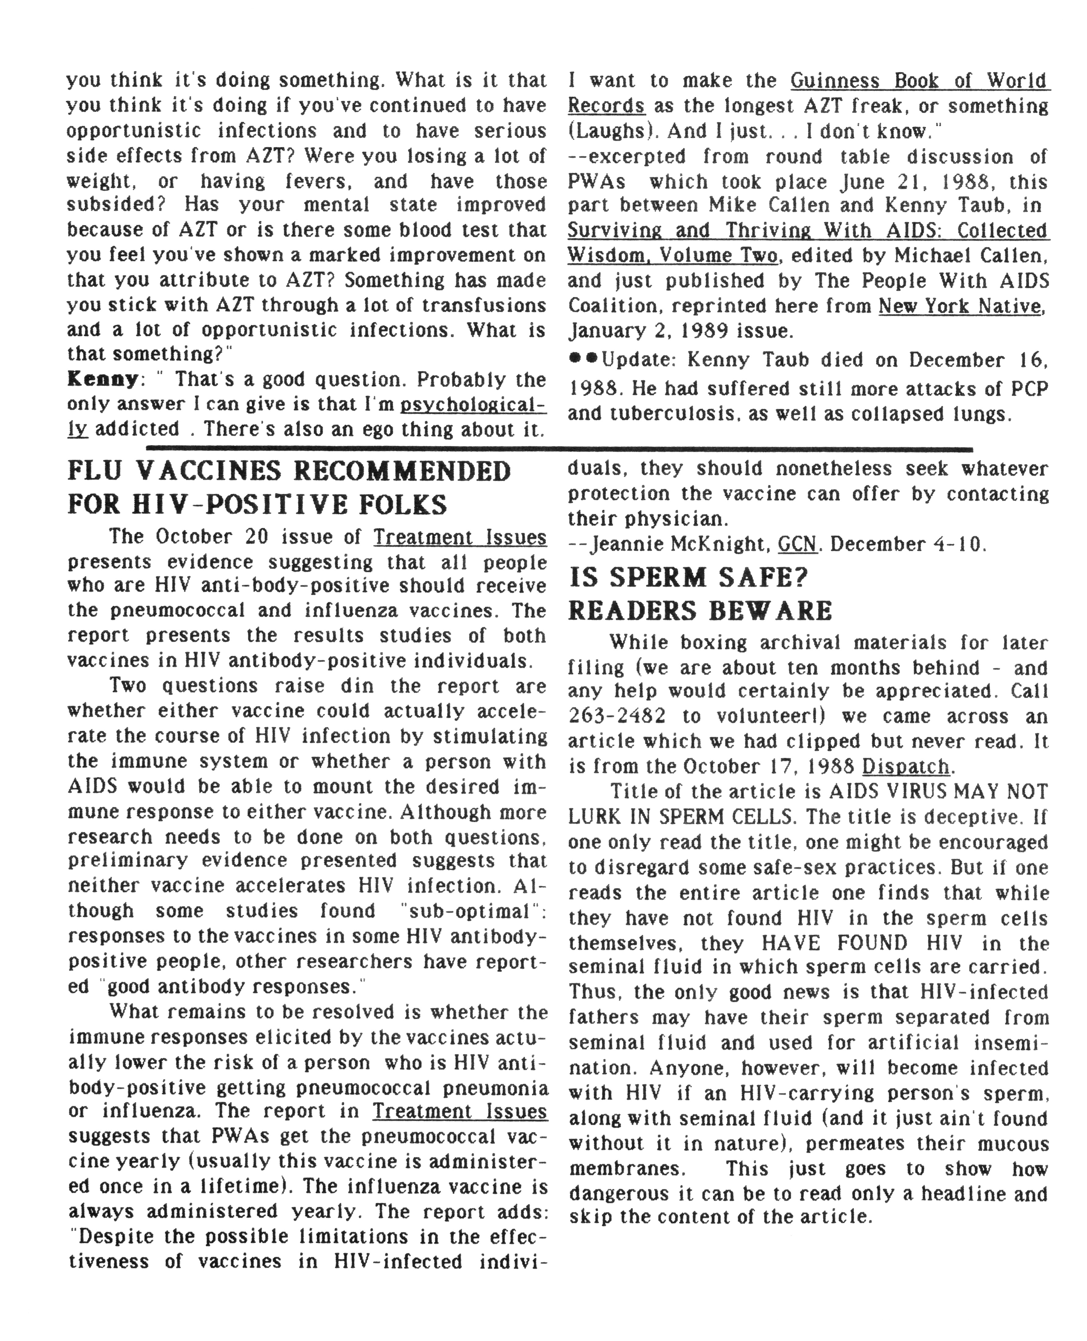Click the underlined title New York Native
[x=961, y=306]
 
